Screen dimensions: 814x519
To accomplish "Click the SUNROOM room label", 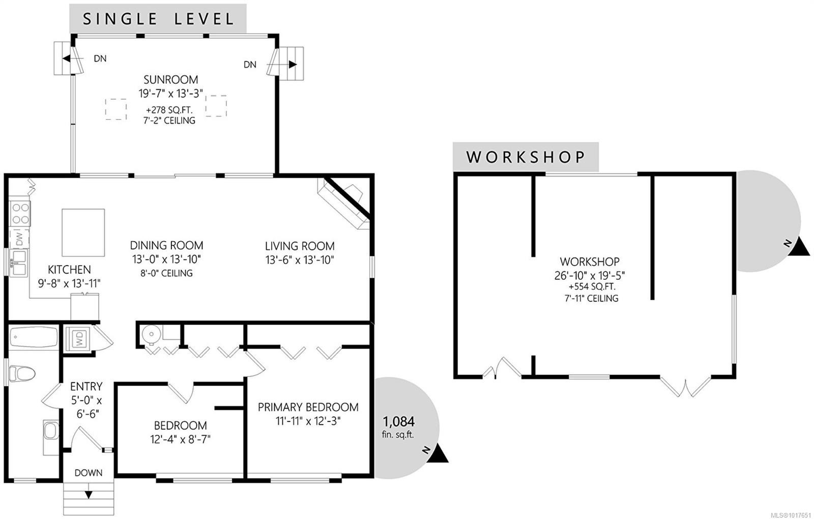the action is point(171,79).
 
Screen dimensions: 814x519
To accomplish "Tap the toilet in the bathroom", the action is point(22,374).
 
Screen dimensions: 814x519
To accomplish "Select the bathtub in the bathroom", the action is point(34,338).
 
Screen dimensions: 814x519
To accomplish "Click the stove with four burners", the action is point(20,214).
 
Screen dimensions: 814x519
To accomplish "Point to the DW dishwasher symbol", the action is point(19,239).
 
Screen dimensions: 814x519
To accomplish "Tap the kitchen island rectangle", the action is point(83,233).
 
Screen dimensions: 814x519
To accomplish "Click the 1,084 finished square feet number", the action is point(399,422).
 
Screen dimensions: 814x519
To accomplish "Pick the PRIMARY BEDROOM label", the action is point(308,407).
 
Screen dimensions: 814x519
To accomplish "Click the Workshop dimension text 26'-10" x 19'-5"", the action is point(590,275).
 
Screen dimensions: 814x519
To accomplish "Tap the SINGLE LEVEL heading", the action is point(158,19).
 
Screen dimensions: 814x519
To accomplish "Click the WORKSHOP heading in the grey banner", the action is point(526,157).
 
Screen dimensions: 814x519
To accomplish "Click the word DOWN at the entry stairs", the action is point(89,473).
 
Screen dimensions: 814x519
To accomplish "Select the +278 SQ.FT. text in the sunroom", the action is point(169,110).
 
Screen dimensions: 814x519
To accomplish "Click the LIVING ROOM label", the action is point(300,246).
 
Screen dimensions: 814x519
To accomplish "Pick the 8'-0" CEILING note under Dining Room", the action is point(166,273).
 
